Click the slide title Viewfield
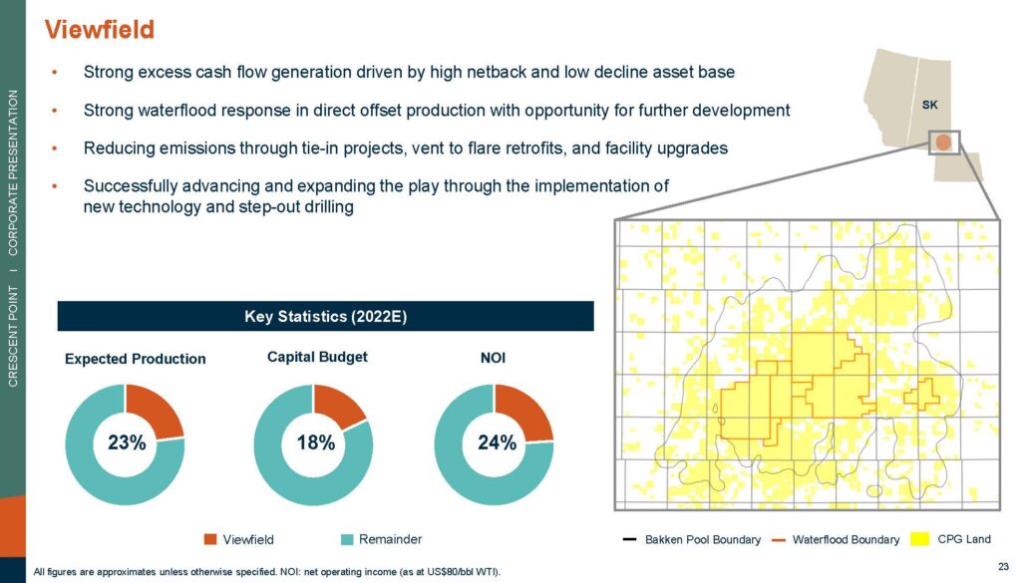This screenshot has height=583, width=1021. [100, 30]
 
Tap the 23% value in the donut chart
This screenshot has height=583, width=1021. [127, 443]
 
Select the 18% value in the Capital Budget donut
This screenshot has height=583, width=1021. [316, 443]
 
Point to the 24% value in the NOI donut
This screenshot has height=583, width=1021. [497, 443]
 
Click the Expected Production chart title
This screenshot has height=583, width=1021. [136, 359]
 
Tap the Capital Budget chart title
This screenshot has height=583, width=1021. [317, 357]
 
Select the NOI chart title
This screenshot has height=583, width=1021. [493, 358]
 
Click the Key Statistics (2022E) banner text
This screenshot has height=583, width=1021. [326, 317]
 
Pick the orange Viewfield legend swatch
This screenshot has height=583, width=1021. [210, 539]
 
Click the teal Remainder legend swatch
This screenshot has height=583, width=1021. [347, 539]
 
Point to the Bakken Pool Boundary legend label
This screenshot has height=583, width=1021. [703, 540]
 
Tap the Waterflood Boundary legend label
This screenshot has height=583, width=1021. [846, 540]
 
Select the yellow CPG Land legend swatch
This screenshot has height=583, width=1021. [919, 539]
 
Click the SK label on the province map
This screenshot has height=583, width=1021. [930, 105]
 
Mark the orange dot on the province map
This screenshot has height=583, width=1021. [943, 142]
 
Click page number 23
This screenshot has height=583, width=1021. [1003, 567]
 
